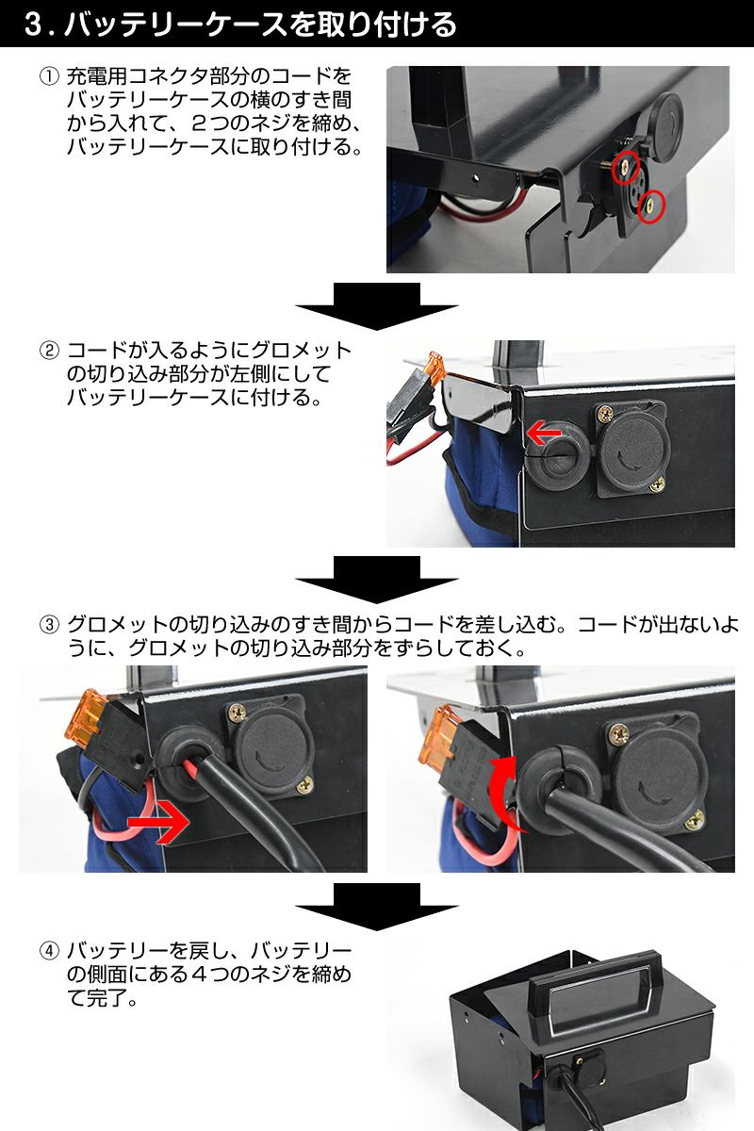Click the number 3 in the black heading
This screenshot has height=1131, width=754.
click(x=35, y=25)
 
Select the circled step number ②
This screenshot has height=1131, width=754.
click(x=49, y=352)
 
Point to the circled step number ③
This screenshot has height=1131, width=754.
click(x=49, y=625)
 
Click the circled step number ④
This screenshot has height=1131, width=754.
click(x=49, y=950)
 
